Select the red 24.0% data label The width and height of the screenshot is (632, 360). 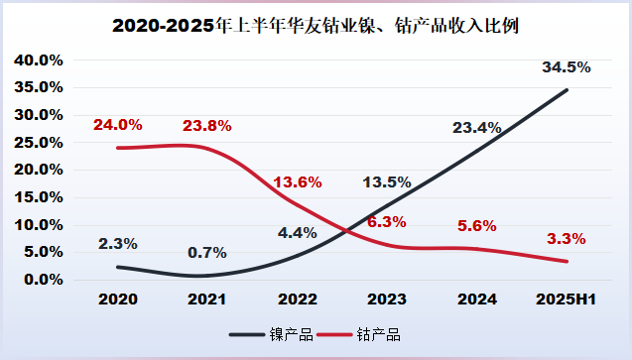117,125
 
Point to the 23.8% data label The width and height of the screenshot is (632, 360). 207,126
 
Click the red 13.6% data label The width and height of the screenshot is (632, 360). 298,181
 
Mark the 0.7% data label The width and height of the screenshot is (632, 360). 207,252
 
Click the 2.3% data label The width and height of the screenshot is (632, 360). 117,243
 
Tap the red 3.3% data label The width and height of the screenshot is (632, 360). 567,238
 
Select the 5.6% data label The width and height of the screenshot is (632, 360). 477,225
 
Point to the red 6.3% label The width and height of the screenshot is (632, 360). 387,222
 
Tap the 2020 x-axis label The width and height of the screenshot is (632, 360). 117,298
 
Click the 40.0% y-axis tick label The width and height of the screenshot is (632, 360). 39,60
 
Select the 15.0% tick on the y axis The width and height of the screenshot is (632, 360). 39,197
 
